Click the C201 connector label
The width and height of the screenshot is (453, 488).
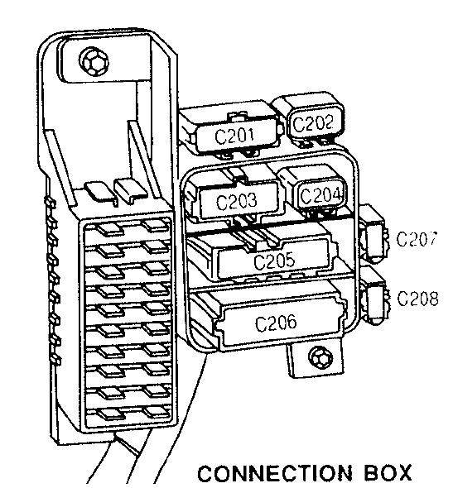click(234, 136)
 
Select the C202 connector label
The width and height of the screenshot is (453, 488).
click(313, 123)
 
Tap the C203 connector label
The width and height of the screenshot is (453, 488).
click(237, 201)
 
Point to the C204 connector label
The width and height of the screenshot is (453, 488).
click(320, 195)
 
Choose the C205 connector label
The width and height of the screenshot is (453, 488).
click(274, 261)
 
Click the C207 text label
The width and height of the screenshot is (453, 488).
click(417, 239)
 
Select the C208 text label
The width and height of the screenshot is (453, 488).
click(417, 298)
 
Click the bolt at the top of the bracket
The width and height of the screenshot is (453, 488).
click(94, 62)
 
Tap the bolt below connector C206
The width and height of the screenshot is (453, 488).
click(320, 358)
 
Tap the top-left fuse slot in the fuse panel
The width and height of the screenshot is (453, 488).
click(109, 230)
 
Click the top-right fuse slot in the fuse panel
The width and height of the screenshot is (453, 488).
click(157, 225)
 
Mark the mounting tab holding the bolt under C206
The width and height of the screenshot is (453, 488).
click(315, 359)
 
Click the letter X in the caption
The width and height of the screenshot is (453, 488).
click(403, 473)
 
